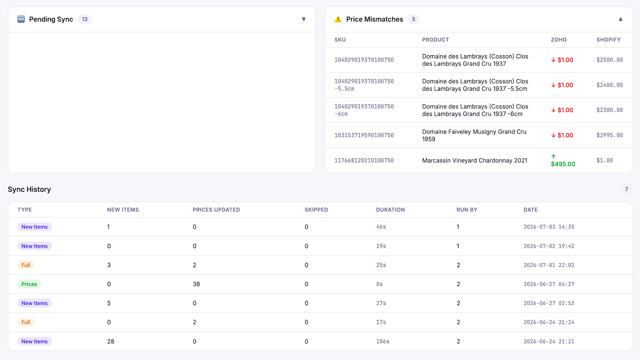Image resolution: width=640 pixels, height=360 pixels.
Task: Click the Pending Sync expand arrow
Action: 304,19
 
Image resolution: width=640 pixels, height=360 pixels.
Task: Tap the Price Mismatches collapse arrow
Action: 620,19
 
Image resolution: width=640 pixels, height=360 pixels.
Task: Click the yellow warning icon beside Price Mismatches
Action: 338,19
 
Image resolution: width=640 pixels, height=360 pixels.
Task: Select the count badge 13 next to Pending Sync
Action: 84,19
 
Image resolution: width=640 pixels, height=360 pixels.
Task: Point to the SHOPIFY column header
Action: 608,40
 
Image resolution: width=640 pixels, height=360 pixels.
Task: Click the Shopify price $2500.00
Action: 610,60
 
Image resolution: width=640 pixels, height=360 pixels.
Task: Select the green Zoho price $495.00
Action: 563,164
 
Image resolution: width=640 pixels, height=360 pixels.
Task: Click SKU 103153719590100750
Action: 364,136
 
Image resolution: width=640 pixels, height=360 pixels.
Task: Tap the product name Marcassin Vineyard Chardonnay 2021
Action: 474,160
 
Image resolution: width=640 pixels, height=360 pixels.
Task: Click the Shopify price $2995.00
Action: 610,136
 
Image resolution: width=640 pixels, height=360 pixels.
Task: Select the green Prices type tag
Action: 29,284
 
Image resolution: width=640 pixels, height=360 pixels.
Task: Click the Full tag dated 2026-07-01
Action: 26,265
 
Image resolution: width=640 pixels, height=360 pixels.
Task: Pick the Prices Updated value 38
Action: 196,284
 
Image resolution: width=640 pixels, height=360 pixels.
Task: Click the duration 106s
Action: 382,342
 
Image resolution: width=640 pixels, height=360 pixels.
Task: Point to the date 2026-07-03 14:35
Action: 548,227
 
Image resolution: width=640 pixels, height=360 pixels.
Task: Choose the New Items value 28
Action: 110,342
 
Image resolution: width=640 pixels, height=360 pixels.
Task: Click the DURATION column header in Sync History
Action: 390,210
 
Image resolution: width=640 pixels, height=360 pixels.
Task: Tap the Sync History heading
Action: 30,189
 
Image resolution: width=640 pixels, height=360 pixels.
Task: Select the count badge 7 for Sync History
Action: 626,189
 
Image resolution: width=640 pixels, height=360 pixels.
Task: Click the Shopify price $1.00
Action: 604,160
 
